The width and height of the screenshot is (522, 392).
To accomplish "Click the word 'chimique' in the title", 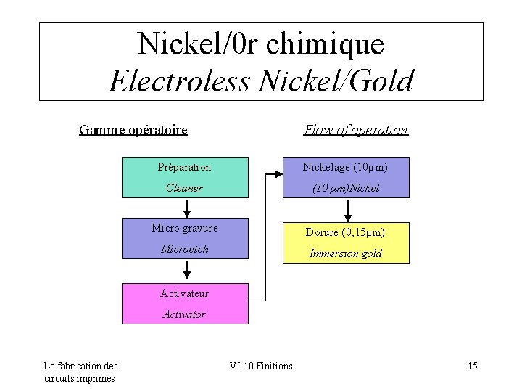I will point(325,45).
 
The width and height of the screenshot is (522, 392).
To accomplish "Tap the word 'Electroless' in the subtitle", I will point(177,81).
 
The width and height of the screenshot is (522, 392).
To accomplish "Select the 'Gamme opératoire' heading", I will point(133,130).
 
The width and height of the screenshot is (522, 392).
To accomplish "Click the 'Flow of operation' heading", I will point(356,130).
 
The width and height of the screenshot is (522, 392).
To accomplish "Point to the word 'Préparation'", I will point(185,167).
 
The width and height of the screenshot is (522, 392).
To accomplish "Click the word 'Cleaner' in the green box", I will point(184,188).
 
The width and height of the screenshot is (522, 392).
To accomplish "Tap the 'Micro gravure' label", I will point(185,228).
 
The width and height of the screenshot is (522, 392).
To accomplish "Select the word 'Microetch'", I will point(185,249).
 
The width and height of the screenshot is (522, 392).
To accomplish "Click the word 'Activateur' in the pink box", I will point(184,293).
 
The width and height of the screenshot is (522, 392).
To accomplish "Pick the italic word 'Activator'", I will point(184,314).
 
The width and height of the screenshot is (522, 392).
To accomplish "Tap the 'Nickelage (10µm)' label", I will point(345,167).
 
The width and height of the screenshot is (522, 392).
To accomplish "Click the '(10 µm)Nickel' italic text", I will point(346,188).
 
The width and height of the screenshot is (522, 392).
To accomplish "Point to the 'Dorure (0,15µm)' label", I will point(345,232).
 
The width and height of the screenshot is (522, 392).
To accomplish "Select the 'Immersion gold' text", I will point(346,253).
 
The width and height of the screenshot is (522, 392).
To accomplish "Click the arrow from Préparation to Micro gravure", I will point(187,208).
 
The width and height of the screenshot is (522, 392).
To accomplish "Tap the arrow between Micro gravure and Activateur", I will point(187,270).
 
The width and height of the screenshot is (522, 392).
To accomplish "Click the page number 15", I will point(473,366).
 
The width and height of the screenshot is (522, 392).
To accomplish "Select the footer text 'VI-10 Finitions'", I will point(261,366).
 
